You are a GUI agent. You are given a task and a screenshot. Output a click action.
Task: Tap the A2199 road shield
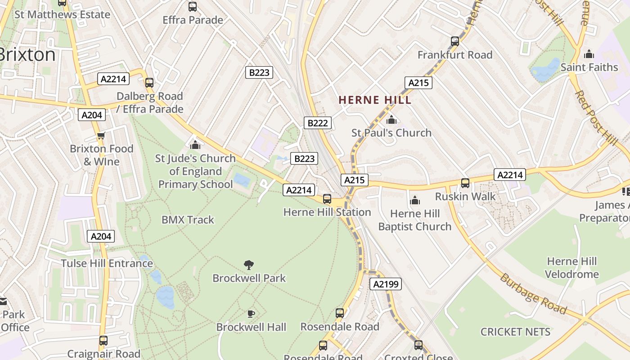click(385, 284)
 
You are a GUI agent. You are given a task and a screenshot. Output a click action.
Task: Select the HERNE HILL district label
click(375, 100)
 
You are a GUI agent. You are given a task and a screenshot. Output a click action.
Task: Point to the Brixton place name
click(27, 54)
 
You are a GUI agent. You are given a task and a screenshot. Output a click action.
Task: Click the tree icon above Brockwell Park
click(248, 265)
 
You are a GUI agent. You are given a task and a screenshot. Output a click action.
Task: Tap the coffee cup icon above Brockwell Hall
click(251, 314)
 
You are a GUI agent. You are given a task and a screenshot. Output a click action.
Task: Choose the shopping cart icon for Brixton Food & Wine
click(101, 136)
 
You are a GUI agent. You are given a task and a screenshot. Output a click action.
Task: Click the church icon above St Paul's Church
click(391, 120)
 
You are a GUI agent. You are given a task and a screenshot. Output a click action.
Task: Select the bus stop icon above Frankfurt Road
click(455, 41)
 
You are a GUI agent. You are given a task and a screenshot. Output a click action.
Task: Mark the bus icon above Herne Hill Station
click(327, 199)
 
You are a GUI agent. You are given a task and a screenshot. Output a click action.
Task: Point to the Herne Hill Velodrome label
click(571, 268)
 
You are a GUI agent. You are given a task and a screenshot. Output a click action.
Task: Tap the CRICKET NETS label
click(515, 332)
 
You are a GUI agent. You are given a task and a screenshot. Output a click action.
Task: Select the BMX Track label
click(188, 220)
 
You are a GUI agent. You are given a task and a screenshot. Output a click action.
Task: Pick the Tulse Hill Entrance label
click(107, 263)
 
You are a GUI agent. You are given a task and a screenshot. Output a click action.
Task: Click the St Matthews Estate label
click(62, 14)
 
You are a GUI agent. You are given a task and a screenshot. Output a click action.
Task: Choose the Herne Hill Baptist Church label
click(414, 220)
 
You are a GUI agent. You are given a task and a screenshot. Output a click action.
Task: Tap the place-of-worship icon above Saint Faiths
click(589, 54)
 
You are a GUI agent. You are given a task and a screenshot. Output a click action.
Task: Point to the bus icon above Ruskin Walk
click(465, 183)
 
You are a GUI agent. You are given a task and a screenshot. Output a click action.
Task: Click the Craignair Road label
click(103, 354)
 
